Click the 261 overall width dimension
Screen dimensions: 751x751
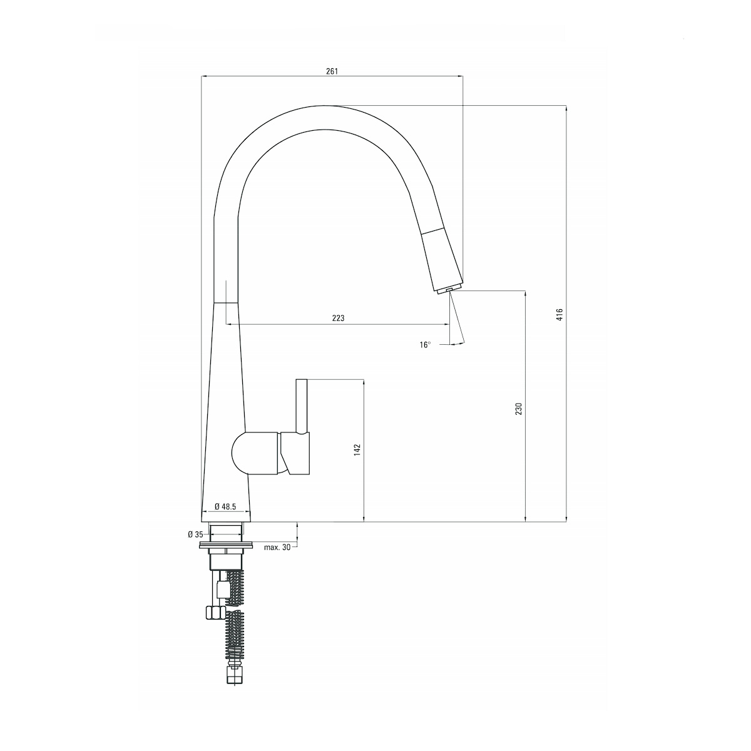(x=332, y=71)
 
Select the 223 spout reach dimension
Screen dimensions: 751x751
(x=338, y=319)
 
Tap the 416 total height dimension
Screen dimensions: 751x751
(x=561, y=314)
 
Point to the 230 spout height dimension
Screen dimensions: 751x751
(x=519, y=409)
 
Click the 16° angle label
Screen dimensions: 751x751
(x=426, y=345)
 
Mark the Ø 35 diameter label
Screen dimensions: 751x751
(x=195, y=534)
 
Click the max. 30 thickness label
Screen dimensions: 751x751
(x=277, y=547)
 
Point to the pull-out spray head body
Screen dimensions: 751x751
(x=442, y=257)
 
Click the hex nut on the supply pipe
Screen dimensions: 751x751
(x=215, y=611)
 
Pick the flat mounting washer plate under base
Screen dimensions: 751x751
(x=225, y=544)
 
